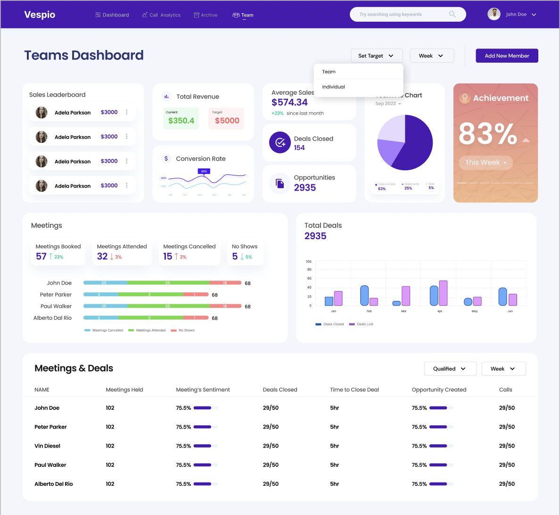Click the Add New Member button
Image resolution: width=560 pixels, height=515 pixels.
[x=507, y=56]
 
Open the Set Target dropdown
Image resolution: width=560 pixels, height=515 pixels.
[x=377, y=56]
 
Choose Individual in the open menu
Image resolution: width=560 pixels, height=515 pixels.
[x=334, y=87]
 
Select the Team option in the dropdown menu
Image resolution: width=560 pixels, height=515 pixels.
[x=329, y=72]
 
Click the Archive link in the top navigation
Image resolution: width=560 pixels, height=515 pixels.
[x=206, y=15]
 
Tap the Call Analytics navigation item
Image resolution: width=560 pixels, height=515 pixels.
[x=161, y=15]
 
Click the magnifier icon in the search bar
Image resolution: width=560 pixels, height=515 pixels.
[x=453, y=14]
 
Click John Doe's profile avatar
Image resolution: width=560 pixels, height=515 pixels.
[x=494, y=14]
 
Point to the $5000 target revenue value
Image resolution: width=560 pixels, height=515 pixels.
[x=227, y=121]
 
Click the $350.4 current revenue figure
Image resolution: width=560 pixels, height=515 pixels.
[x=181, y=121]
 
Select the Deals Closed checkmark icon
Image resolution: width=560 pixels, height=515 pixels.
[x=280, y=142]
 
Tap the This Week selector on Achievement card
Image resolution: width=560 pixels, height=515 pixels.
[x=486, y=163]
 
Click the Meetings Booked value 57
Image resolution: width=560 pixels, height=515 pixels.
[x=41, y=257]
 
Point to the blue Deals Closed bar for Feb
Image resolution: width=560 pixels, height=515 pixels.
[x=364, y=296]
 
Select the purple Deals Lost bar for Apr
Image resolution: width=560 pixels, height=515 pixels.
[x=443, y=293]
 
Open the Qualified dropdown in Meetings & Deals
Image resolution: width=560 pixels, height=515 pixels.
[x=450, y=369]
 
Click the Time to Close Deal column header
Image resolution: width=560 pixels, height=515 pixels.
[x=354, y=390]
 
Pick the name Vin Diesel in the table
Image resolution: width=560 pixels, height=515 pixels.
[x=47, y=446]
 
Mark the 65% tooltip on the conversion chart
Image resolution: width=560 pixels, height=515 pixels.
[x=204, y=171]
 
